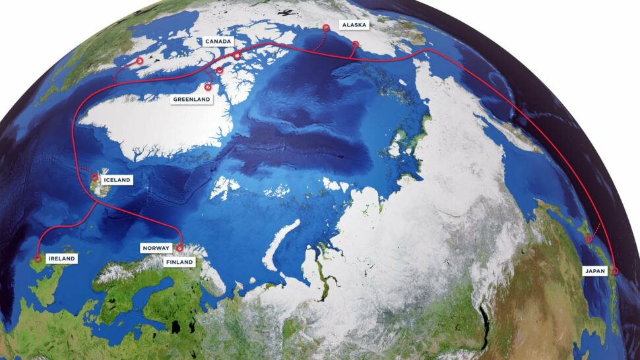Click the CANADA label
(x=218, y=42)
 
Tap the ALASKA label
(x=353, y=25)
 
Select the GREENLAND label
(x=191, y=100)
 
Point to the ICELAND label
(x=117, y=179)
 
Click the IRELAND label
(x=61, y=258)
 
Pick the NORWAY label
(x=157, y=249)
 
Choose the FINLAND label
(x=179, y=262)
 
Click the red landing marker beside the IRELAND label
(x=38, y=258)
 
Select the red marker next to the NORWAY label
(x=179, y=248)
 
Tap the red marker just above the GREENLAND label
(x=208, y=86)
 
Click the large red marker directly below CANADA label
(x=237, y=55)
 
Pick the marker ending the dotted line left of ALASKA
(x=325, y=28)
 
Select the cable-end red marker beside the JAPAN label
(x=614, y=270)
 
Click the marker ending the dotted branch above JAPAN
(x=589, y=239)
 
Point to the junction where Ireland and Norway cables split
(x=98, y=203)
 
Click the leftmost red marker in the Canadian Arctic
(x=140, y=61)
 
